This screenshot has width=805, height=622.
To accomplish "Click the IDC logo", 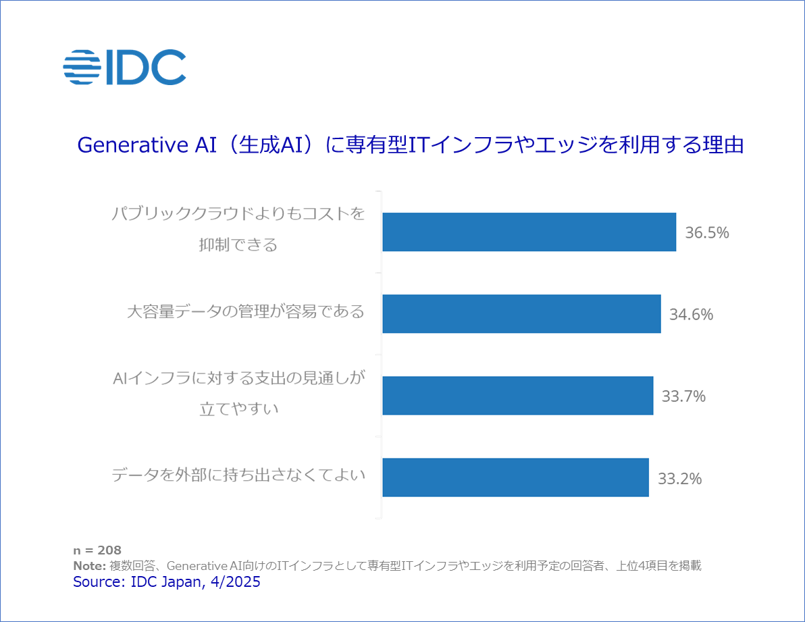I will pos(124,67).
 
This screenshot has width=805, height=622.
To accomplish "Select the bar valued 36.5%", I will pos(529,232).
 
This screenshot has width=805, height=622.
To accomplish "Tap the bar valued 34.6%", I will pos(521,314).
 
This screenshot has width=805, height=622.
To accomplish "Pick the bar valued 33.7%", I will pos(517,396).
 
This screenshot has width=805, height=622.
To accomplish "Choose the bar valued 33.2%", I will pos(515,477).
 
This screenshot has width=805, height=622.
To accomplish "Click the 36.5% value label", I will pos(707,233).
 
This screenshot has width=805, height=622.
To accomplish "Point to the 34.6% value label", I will pos(691,315).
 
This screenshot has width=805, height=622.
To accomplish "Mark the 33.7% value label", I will pos(683,396).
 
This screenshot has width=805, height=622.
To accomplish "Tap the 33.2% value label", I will pos(679,479).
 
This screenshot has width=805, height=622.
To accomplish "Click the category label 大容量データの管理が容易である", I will pos(246,312).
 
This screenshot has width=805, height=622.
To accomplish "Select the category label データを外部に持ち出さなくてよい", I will pos(238,475).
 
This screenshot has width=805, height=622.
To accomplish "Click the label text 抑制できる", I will pos(238,244).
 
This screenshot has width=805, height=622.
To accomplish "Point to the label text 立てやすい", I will pos(239,408).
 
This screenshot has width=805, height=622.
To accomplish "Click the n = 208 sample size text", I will pos(97,550).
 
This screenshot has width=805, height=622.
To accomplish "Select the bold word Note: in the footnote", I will pos(89,566).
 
